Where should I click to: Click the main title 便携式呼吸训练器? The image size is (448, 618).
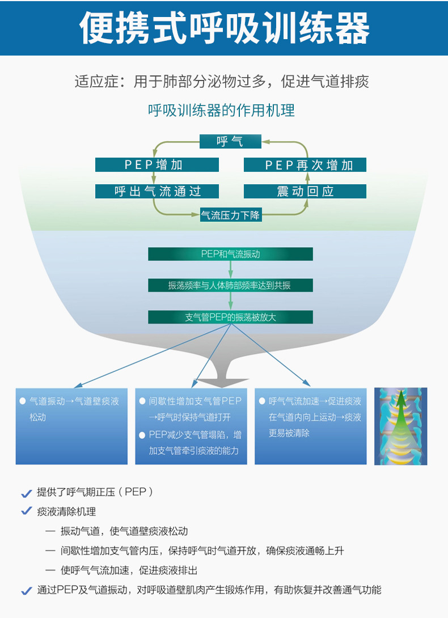(x=224, y=28)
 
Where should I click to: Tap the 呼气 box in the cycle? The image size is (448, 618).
(x=230, y=141)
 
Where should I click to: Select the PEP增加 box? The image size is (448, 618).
(x=157, y=164)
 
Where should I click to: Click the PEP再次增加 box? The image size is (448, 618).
(x=305, y=164)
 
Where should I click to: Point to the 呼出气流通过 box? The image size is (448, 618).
(x=157, y=191)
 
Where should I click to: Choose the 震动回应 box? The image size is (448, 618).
(x=305, y=191)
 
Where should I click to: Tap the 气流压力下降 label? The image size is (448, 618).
(x=230, y=215)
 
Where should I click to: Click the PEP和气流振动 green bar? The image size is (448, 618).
(x=230, y=254)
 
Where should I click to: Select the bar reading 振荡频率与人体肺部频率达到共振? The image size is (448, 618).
(x=230, y=285)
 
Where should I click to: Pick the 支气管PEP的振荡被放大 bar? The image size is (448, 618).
(x=230, y=317)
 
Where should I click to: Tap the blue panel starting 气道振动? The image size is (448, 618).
(x=71, y=426)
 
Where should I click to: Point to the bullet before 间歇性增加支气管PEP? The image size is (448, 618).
(x=143, y=401)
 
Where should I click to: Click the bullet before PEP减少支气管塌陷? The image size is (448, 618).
(x=143, y=435)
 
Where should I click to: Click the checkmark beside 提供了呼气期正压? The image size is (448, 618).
(x=26, y=493)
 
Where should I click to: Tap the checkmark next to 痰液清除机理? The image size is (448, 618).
(x=26, y=511)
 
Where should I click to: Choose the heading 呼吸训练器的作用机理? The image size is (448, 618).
(x=221, y=110)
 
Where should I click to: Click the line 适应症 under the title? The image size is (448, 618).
(x=222, y=82)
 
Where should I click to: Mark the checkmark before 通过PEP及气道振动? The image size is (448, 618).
(x=26, y=590)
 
